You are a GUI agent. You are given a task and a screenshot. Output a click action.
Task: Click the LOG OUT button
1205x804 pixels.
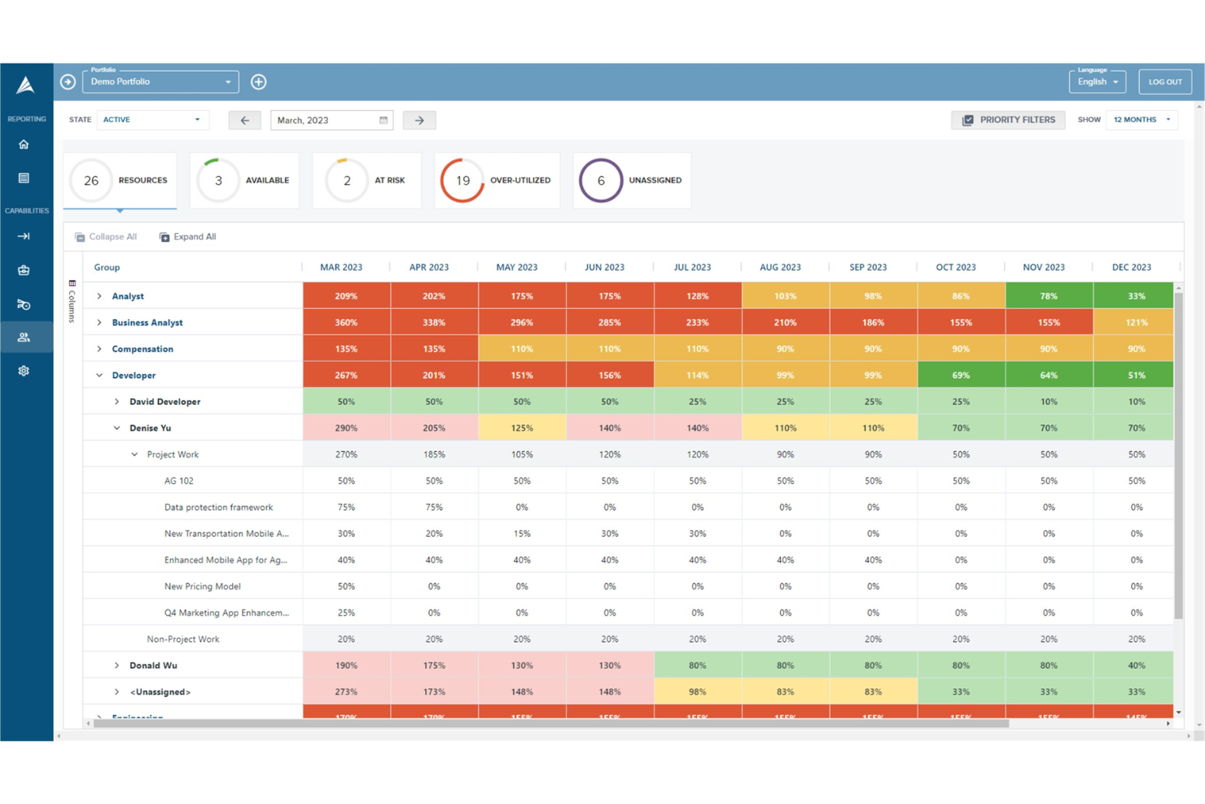pyautogui.click(x=1164, y=82)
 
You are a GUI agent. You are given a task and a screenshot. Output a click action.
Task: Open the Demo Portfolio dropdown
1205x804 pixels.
pyautogui.click(x=160, y=82)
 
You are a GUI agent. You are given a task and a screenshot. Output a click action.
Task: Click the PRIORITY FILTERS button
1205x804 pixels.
pyautogui.click(x=1008, y=120)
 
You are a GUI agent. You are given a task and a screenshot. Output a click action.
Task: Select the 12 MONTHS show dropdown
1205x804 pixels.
pyautogui.click(x=1141, y=120)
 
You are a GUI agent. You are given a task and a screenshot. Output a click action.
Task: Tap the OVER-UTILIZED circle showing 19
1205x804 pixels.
pyautogui.click(x=462, y=181)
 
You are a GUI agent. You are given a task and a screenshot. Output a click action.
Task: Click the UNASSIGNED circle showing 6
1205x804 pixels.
pyautogui.click(x=601, y=181)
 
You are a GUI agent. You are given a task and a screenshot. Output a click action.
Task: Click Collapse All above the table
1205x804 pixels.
pyautogui.click(x=106, y=237)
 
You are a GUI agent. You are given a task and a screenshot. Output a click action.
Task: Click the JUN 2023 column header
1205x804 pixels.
pyautogui.click(x=604, y=267)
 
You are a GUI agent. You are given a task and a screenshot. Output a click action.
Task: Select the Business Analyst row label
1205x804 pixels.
pyautogui.click(x=147, y=323)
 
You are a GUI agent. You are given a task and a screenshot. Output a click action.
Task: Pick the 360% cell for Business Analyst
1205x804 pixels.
pyautogui.click(x=346, y=323)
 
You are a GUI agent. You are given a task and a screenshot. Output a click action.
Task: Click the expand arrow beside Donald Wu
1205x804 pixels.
pyautogui.click(x=116, y=666)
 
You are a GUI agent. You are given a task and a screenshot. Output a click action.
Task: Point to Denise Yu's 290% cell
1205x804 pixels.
pyautogui.click(x=346, y=428)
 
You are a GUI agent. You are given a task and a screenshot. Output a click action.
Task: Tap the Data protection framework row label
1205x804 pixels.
pyautogui.click(x=218, y=507)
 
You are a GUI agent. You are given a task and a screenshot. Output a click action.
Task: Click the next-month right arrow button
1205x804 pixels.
pyautogui.click(x=419, y=121)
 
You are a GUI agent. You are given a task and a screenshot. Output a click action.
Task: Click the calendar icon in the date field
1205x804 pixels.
pyautogui.click(x=383, y=121)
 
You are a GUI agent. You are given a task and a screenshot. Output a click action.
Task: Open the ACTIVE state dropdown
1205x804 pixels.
pyautogui.click(x=152, y=120)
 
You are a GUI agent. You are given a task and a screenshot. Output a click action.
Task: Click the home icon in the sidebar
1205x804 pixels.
pyautogui.click(x=24, y=145)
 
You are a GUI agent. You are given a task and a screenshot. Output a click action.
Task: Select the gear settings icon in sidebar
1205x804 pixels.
pyautogui.click(x=24, y=371)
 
